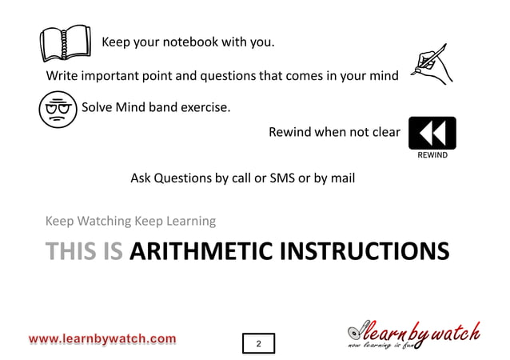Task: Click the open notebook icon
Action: pos(66,42)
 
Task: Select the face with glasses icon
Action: pos(57,108)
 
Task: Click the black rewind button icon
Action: pos(432,132)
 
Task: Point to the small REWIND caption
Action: pos(432,155)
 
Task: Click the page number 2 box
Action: pos(258,343)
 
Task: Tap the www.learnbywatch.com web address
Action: pos(103,339)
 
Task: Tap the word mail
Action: pos(341,178)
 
